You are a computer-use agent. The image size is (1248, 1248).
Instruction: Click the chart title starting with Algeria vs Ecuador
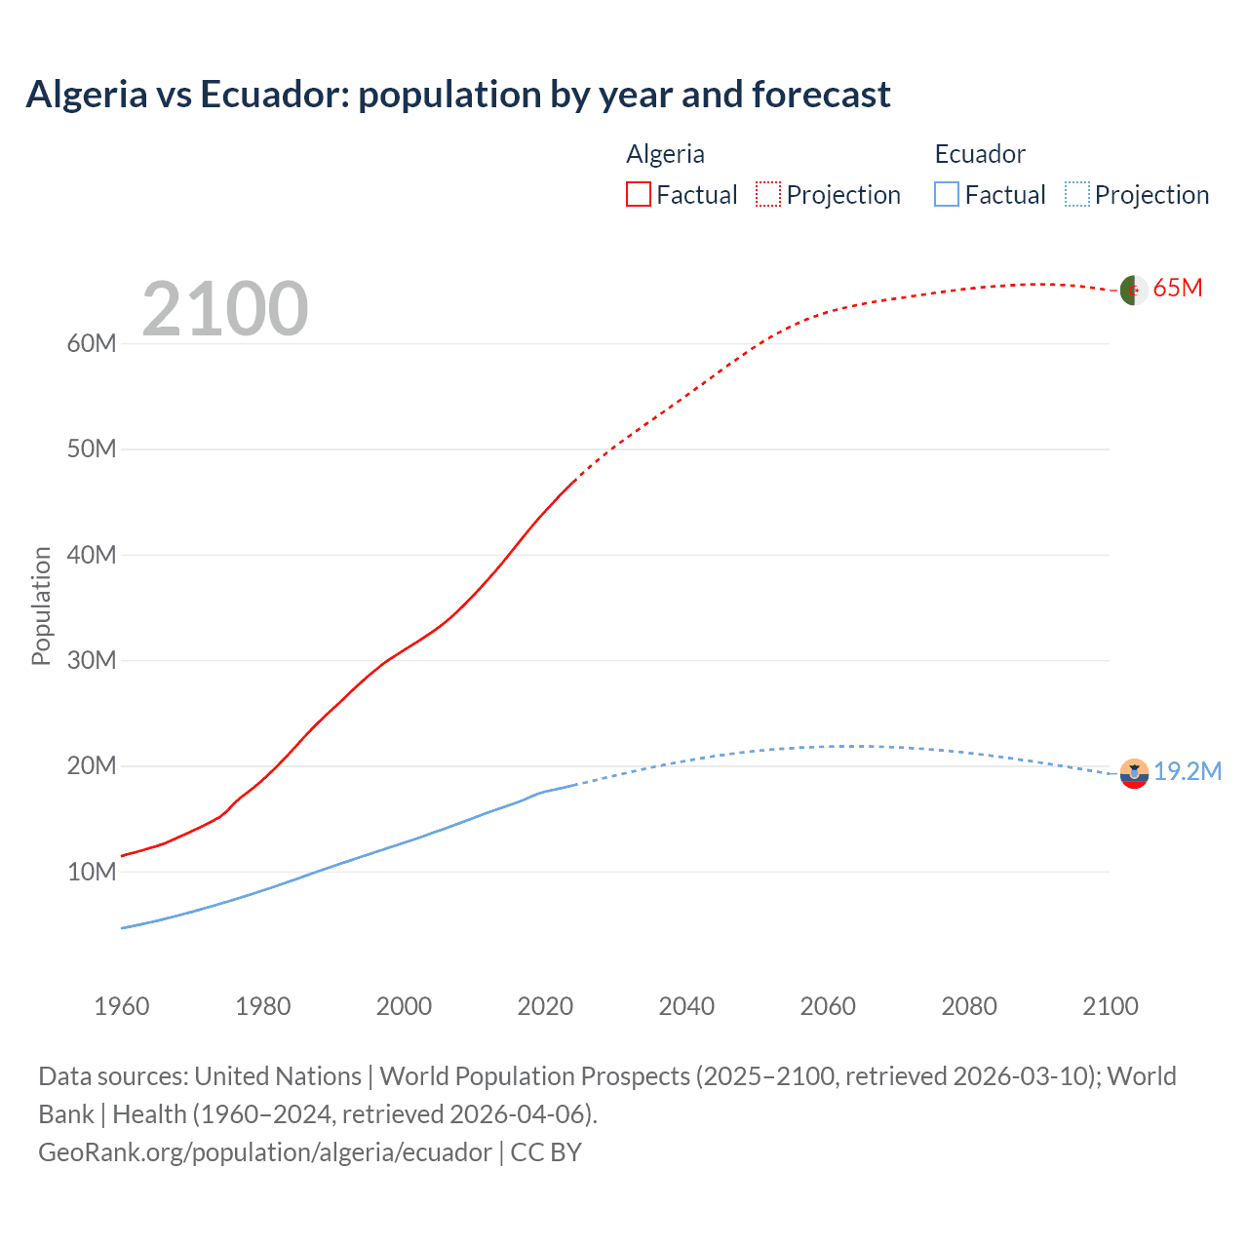tap(457, 95)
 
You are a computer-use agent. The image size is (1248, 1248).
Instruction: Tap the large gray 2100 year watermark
tap(225, 309)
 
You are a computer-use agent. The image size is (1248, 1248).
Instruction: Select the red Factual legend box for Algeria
tap(638, 194)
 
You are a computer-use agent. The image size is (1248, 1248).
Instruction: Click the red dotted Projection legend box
tap(768, 194)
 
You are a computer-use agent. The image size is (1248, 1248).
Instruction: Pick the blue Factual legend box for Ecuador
tap(946, 194)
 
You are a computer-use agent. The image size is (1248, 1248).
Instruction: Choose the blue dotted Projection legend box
tap(1076, 194)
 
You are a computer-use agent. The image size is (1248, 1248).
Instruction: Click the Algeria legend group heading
tap(665, 154)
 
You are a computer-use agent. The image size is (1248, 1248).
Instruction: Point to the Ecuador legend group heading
tap(980, 154)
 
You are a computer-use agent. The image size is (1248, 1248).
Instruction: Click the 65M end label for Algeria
tap(1178, 288)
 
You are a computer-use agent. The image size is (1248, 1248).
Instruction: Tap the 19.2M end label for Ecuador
tap(1188, 771)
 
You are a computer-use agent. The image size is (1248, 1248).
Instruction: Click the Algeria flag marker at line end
tap(1133, 290)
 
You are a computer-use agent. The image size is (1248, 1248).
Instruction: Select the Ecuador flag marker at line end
tap(1133, 773)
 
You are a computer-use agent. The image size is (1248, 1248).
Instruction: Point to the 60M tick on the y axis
tap(92, 343)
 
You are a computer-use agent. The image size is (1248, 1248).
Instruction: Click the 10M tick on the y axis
tap(92, 872)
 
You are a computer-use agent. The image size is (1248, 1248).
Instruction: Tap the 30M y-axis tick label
tap(92, 660)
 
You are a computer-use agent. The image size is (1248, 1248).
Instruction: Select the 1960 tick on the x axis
tap(122, 1005)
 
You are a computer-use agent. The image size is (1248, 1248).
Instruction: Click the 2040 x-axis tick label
tap(686, 1005)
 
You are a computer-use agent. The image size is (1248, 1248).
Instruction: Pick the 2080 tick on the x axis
tap(969, 1005)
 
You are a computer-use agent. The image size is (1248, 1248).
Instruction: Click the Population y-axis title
tap(41, 605)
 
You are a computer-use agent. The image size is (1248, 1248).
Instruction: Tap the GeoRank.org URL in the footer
tap(265, 1151)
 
